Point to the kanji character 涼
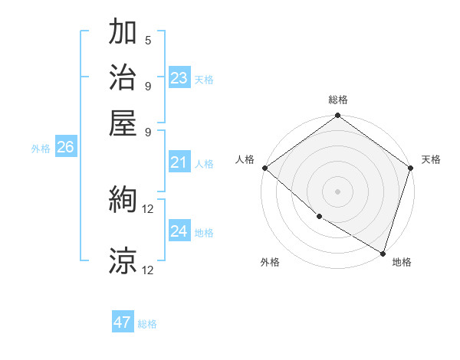tap(123, 261)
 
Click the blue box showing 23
tap(179, 78)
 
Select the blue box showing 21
tap(179, 162)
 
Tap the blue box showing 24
tap(179, 231)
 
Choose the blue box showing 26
tap(65, 148)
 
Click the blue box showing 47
tap(123, 322)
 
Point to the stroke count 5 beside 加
tap(147, 40)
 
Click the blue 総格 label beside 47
tap(147, 324)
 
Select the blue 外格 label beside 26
tap(41, 149)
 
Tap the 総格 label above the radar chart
tap(337, 100)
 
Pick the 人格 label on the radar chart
tap(245, 159)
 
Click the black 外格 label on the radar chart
tap(270, 262)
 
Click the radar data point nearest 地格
tap(382, 252)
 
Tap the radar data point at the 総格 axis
tap(337, 116)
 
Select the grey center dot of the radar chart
tap(337, 191)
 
